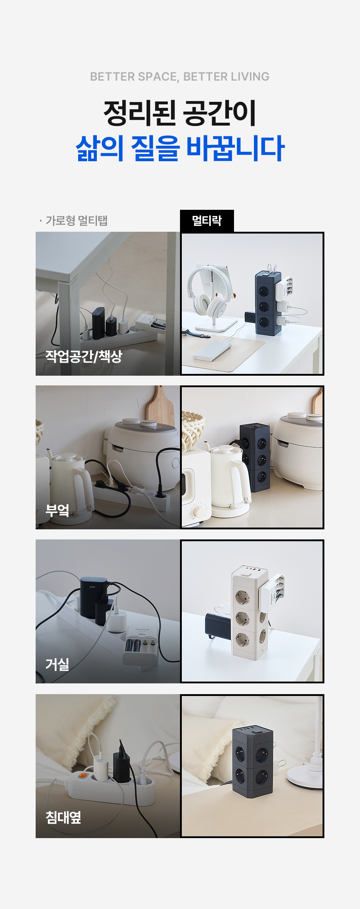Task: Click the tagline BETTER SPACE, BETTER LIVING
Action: [180, 77]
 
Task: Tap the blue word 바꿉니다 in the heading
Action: [235, 148]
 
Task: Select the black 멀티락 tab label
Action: [207, 221]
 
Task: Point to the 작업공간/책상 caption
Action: [84, 356]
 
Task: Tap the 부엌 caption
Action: [57, 510]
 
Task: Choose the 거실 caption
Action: [57, 664]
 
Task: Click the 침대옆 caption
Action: [63, 817]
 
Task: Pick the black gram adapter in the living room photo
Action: [94, 593]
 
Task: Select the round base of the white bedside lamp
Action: [304, 779]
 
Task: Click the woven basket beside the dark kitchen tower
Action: [193, 430]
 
